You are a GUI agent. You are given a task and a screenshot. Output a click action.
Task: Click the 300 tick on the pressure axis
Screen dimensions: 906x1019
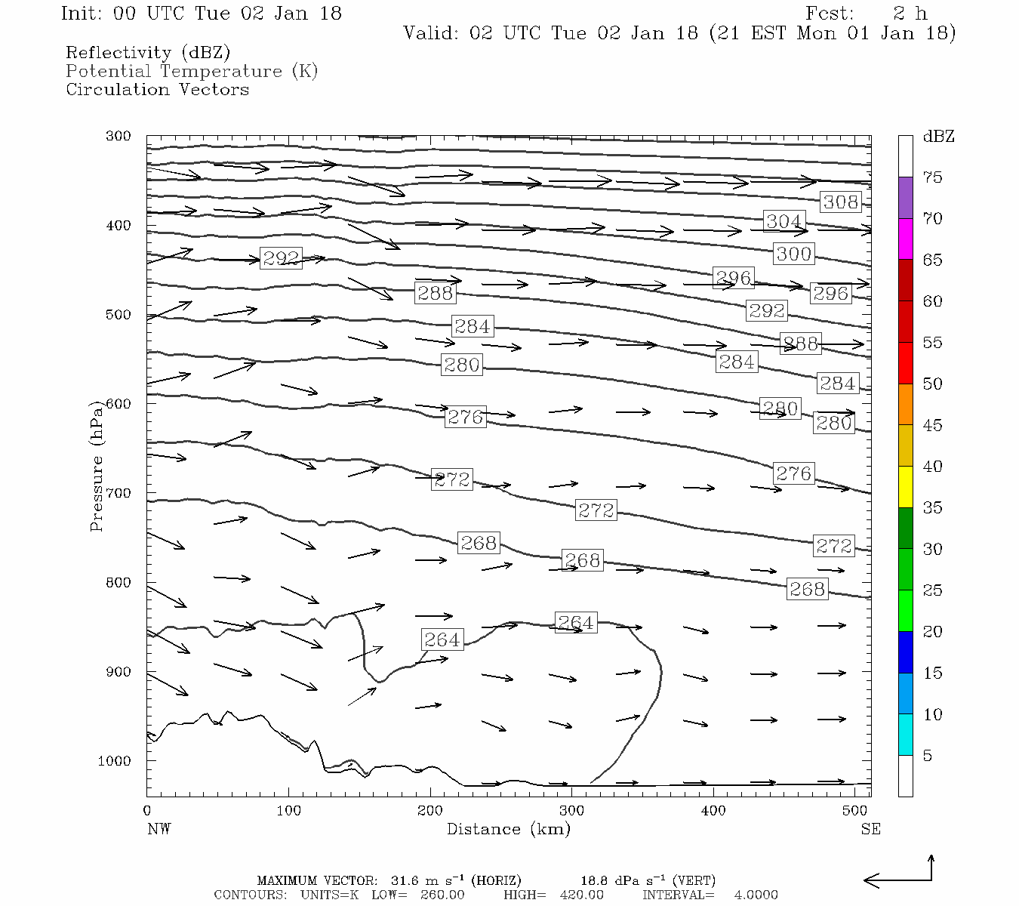(x=119, y=136)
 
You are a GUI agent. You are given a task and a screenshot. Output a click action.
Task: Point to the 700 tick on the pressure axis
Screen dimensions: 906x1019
(x=119, y=493)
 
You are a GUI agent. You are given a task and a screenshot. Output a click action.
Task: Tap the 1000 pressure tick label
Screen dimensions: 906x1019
(x=115, y=761)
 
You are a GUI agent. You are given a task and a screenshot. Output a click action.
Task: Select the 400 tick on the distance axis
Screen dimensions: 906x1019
(x=713, y=810)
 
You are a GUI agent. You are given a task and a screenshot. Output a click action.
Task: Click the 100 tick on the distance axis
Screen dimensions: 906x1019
(x=288, y=810)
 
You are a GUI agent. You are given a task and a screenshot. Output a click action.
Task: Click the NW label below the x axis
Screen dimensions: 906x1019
(x=159, y=829)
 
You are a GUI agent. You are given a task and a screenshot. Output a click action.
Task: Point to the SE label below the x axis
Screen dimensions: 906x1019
(x=870, y=829)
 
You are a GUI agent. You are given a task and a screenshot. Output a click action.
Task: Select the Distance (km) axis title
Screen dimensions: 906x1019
(x=508, y=829)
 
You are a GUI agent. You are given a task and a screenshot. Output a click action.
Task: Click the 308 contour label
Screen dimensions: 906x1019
(x=840, y=202)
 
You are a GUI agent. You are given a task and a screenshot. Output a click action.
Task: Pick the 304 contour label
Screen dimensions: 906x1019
(x=783, y=221)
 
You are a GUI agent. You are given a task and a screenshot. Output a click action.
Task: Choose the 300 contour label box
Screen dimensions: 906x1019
(x=793, y=254)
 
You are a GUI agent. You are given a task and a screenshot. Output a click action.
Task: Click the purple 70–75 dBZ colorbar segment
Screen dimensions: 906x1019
(x=905, y=198)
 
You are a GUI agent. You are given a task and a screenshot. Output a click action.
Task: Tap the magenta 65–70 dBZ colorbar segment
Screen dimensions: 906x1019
(x=905, y=239)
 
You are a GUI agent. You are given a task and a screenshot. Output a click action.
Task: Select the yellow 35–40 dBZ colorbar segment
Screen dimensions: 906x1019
(x=905, y=487)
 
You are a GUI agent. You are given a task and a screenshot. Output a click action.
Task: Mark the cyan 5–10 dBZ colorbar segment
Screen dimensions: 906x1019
(x=905, y=735)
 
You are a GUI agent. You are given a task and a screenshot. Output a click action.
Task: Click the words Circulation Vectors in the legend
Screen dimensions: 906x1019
(x=157, y=89)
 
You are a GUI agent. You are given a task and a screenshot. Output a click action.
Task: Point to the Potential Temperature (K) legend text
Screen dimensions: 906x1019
(x=192, y=71)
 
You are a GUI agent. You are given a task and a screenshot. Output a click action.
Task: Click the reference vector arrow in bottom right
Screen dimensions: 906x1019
(x=898, y=876)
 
